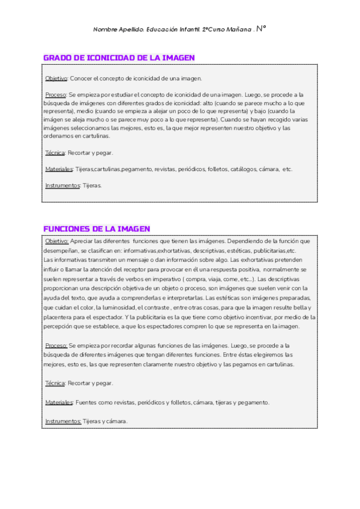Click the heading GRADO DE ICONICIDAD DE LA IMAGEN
pyautogui.click(x=119, y=58)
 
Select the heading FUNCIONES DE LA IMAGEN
pyautogui.click(x=97, y=229)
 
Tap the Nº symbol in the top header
pyautogui.click(x=261, y=28)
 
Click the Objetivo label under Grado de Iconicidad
pyautogui.click(x=56, y=79)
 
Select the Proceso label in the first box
pyautogui.click(x=56, y=95)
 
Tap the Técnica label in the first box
pyautogui.click(x=55, y=152)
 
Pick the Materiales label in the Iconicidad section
pyautogui.click(x=59, y=169)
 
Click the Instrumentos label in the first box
pyautogui.click(x=62, y=185)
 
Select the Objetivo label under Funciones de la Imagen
pyautogui.click(x=57, y=241)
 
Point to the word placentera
pyautogui.click(x=61, y=317)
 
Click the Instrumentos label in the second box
pyautogui.click(x=62, y=421)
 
